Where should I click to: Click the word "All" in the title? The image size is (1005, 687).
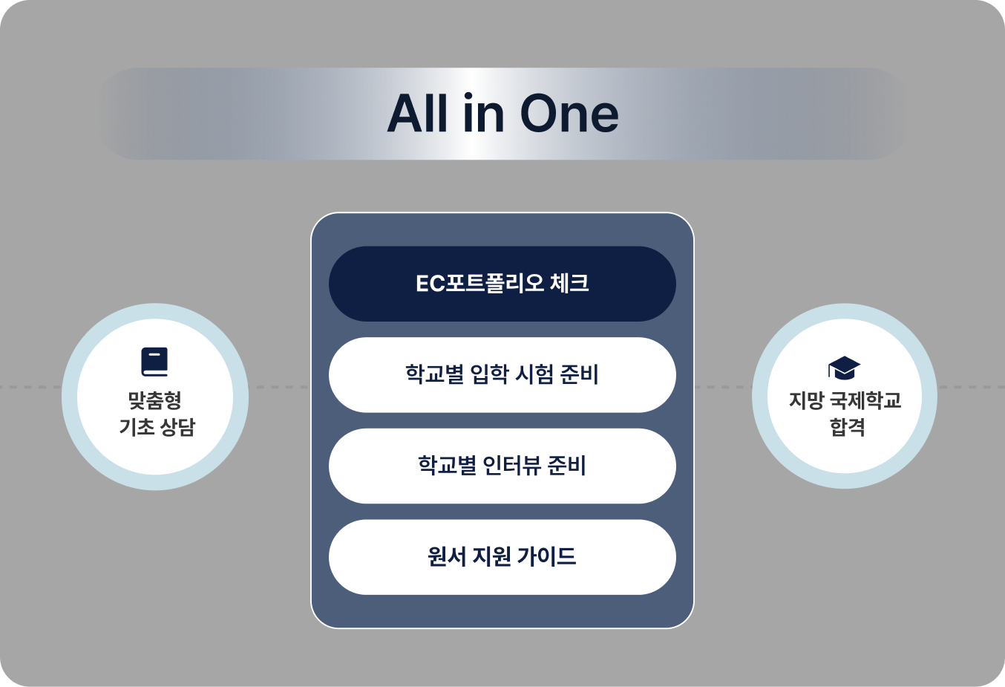418,113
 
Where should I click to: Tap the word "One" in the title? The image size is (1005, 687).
569,114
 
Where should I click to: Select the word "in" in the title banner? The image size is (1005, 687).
484,113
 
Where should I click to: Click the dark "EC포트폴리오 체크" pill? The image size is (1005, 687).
502,284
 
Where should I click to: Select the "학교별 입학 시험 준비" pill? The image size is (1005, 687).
502,375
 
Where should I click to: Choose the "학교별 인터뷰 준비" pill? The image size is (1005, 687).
502,466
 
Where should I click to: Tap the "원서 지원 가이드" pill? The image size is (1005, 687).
502,557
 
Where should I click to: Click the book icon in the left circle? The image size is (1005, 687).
154,362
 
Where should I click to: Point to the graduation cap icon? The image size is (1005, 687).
844,368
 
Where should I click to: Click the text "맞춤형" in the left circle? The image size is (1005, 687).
155,400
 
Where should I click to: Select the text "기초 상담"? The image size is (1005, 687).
157,426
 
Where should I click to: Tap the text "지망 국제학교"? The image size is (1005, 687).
845,400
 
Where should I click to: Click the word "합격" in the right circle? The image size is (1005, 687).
847,426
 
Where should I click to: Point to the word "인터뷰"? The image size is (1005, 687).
508,466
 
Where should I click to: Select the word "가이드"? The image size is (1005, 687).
546,556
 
